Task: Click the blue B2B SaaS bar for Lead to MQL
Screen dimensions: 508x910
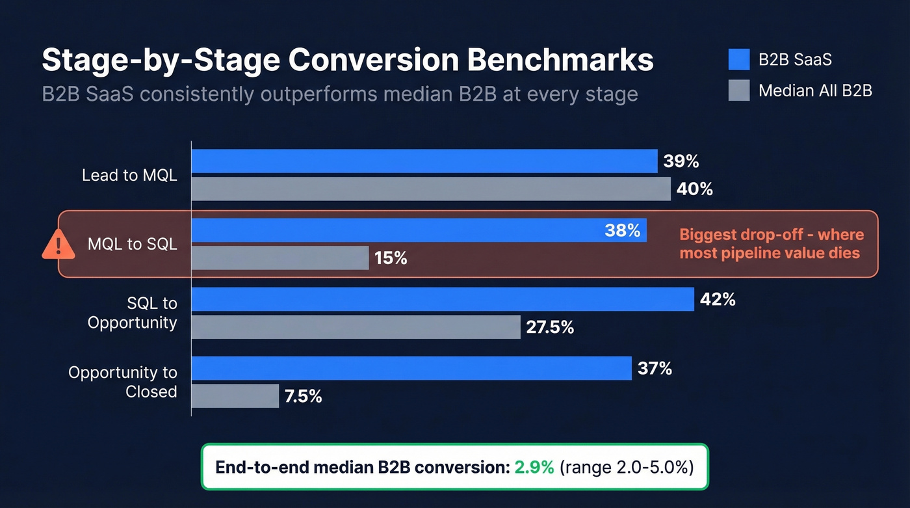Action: click(424, 161)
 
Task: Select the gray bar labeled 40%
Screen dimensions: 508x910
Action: click(430, 189)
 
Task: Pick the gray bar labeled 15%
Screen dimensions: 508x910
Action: click(279, 258)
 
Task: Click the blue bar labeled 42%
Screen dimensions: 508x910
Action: click(442, 299)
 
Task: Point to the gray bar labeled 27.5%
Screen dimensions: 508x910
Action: click(356, 327)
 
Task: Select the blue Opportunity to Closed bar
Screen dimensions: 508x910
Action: click(411, 368)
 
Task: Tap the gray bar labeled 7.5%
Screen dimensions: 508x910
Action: click(235, 396)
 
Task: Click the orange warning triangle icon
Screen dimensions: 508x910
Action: click(58, 245)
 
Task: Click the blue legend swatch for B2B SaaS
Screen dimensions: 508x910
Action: click(740, 60)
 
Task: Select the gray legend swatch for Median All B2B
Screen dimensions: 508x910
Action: click(740, 90)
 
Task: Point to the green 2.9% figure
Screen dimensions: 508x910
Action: click(534, 467)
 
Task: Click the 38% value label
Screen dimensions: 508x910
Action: click(622, 230)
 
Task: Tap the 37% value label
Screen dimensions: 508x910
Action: click(655, 369)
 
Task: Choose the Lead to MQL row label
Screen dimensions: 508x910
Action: click(129, 176)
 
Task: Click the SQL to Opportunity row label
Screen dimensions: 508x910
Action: click(133, 313)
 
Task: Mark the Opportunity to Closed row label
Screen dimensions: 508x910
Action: click(123, 382)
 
